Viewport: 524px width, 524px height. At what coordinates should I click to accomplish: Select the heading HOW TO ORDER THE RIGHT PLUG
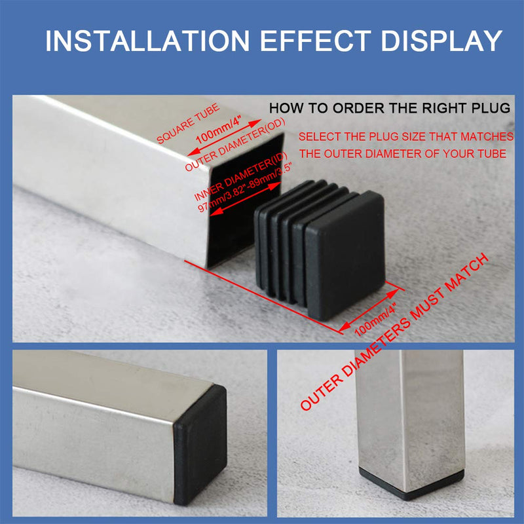point(390,109)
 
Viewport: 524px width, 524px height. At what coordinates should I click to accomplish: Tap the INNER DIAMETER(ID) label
point(232,176)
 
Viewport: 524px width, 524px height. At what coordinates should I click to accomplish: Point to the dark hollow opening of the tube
point(229,216)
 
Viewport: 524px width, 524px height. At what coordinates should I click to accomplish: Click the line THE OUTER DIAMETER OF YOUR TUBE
point(403,154)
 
